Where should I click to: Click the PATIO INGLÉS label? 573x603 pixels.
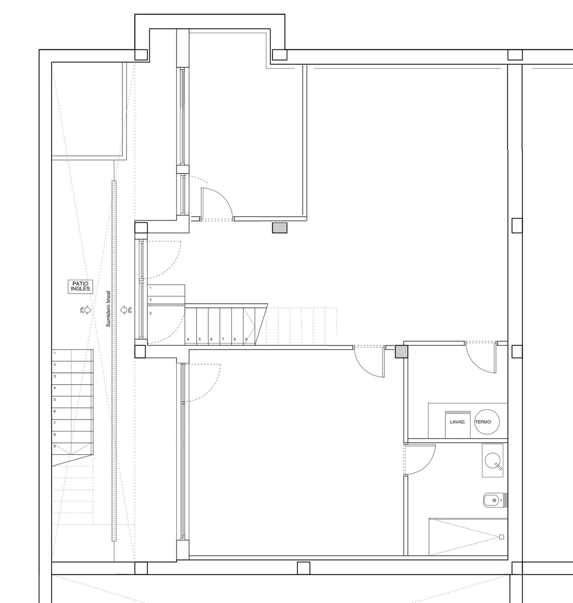(x=80, y=286)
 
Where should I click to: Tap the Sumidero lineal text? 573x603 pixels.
(x=108, y=309)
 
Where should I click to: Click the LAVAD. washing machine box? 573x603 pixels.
(x=458, y=425)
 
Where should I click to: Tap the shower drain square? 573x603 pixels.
(x=502, y=537)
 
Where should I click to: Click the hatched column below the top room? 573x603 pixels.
(x=280, y=228)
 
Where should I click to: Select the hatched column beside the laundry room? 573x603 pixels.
(x=401, y=351)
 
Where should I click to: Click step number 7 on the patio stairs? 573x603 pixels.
(x=55, y=423)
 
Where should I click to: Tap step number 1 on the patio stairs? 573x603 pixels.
(x=55, y=353)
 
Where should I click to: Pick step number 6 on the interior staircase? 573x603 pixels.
(x=211, y=339)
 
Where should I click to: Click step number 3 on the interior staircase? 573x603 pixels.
(x=151, y=313)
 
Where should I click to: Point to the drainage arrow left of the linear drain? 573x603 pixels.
(x=87, y=310)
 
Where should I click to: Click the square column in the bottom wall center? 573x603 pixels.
(x=304, y=568)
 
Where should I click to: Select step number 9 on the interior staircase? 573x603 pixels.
(x=246, y=339)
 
